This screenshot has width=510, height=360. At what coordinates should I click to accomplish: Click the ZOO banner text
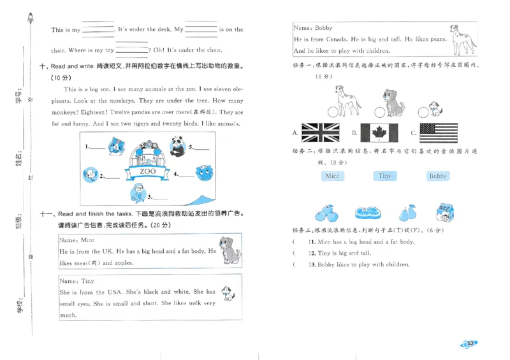148,171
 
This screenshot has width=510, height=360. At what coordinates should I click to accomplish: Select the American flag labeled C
439,133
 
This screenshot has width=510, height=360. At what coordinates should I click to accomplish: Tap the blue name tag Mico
331,176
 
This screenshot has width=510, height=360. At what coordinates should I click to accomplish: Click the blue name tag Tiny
384,176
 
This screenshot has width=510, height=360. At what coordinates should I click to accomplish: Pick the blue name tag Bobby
437,176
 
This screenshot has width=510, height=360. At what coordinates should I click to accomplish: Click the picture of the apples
327,212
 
